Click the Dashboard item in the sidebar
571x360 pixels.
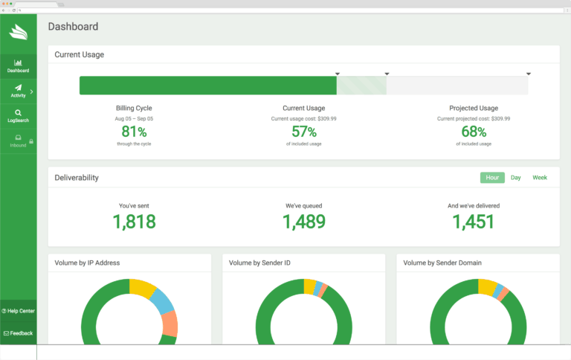click(x=18, y=66)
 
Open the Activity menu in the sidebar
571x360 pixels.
click(x=18, y=91)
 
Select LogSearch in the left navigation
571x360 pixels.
click(x=18, y=116)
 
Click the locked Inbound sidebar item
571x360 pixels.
click(x=18, y=141)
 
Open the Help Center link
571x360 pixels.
click(x=18, y=311)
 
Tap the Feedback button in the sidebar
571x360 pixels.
click(x=18, y=333)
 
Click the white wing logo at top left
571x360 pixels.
click(x=18, y=32)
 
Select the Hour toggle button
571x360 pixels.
click(x=492, y=178)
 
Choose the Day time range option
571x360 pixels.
click(x=515, y=178)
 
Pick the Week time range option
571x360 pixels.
click(x=540, y=178)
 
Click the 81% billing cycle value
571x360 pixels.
click(x=134, y=132)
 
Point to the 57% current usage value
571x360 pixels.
click(x=303, y=132)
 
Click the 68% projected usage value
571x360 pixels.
click(x=474, y=132)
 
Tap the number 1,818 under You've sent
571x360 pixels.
click(x=134, y=221)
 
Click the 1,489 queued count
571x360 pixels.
click(x=303, y=221)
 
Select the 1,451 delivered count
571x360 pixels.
click(x=474, y=221)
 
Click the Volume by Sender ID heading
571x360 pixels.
click(x=259, y=263)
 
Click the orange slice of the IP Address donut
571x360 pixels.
click(x=170, y=323)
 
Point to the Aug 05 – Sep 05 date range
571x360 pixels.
click(x=134, y=118)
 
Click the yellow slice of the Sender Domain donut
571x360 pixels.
click(x=488, y=286)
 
